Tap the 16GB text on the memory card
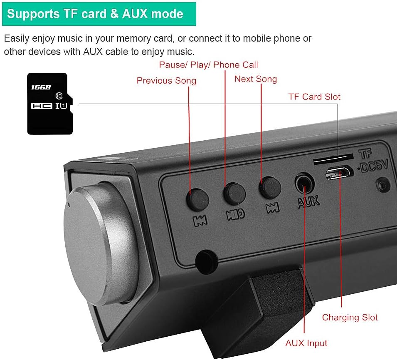pos(41,87)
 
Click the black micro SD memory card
pos(49,104)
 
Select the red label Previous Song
pos(166,80)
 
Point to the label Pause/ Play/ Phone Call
pos(208,65)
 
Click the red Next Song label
pos(255,79)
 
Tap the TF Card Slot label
pos(314,97)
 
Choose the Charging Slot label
pos(350,317)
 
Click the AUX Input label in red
pos(306,343)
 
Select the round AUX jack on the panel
pos(304,183)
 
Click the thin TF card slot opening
pos(333,158)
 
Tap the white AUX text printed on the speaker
pos(308,202)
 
